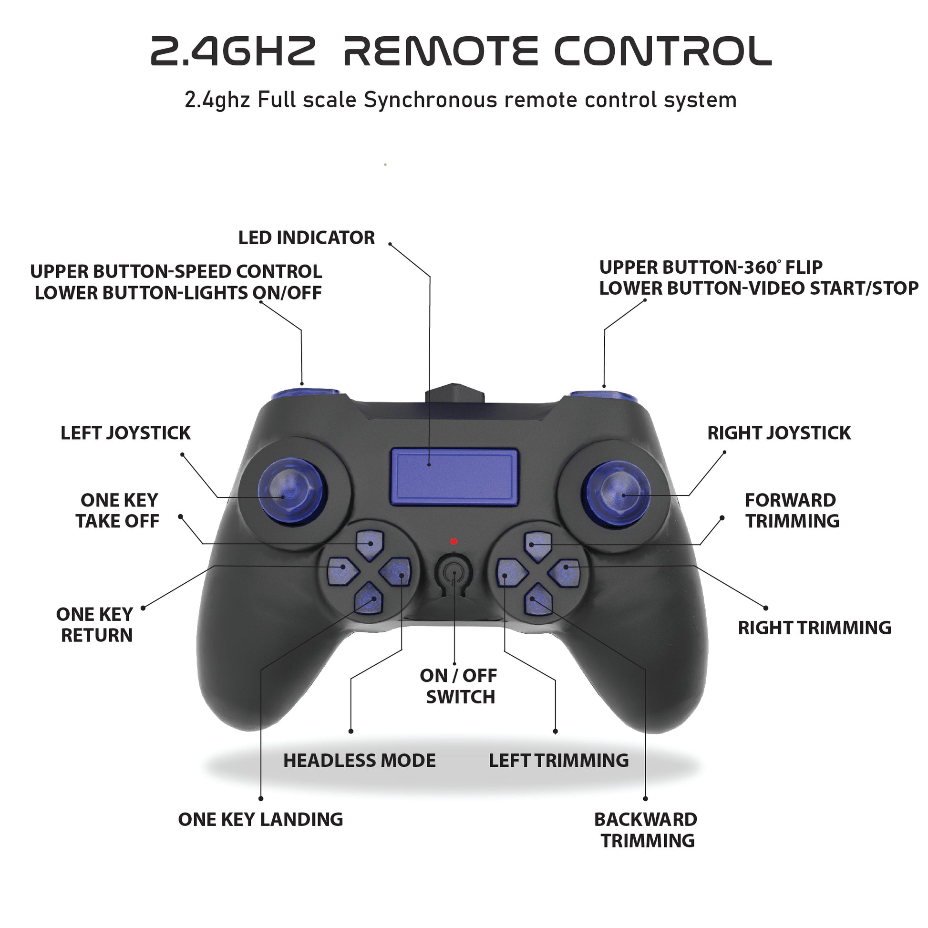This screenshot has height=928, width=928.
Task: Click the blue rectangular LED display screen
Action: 454,477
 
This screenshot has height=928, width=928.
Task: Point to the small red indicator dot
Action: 454,542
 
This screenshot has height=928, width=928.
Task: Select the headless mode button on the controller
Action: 396,572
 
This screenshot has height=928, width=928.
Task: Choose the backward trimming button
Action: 538,598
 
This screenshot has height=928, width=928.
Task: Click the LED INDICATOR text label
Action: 307,238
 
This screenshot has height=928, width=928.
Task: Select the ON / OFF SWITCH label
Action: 459,686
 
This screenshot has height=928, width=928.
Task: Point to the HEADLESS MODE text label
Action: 359,760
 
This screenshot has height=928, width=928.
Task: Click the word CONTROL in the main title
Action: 663,52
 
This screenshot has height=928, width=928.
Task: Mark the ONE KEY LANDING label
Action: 260,819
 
